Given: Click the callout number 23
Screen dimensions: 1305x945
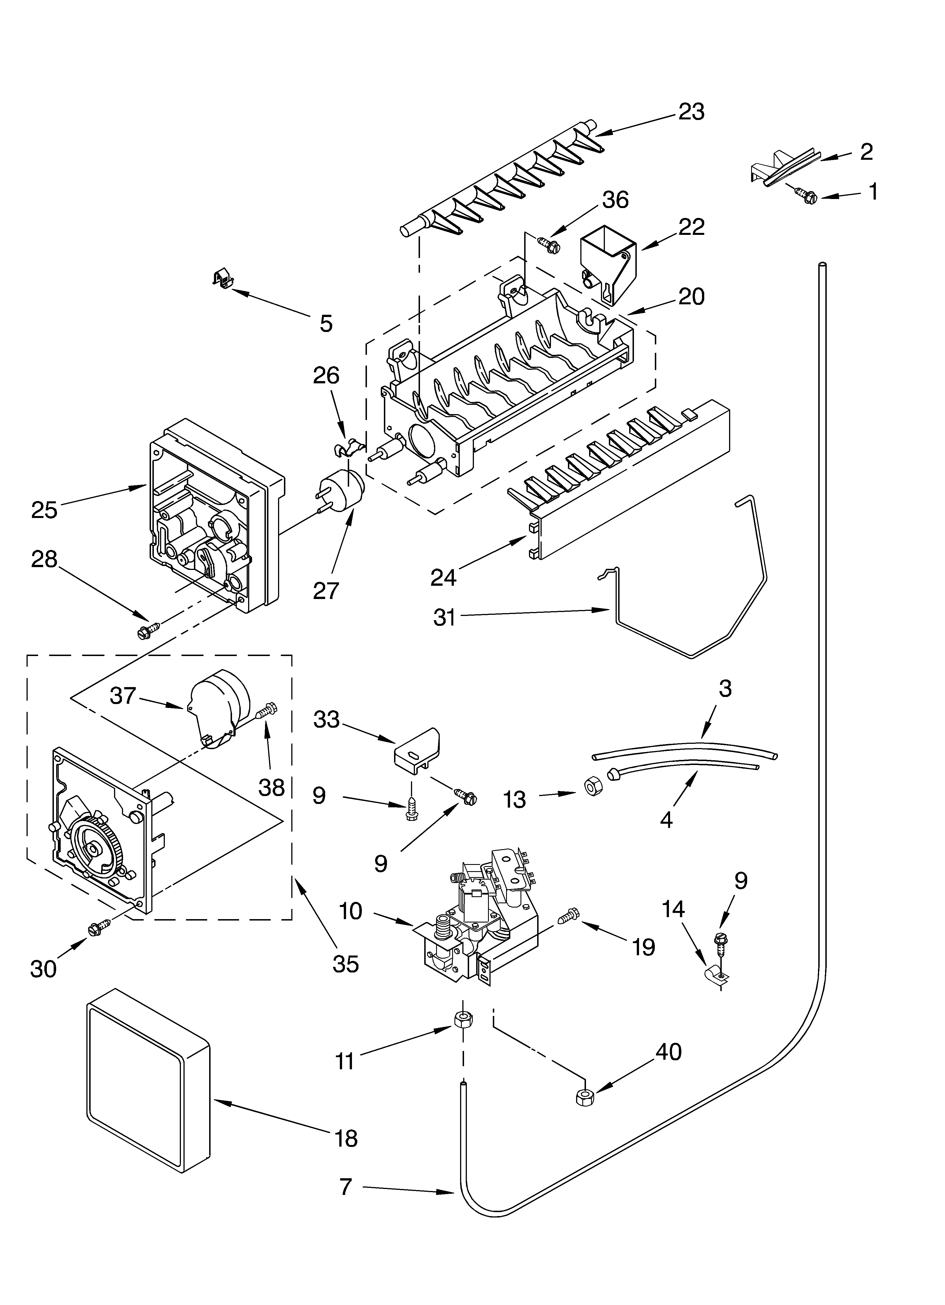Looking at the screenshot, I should (691, 112).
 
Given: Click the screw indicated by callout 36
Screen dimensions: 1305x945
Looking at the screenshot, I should (548, 244).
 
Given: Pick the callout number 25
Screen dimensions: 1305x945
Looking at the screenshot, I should (44, 510).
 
